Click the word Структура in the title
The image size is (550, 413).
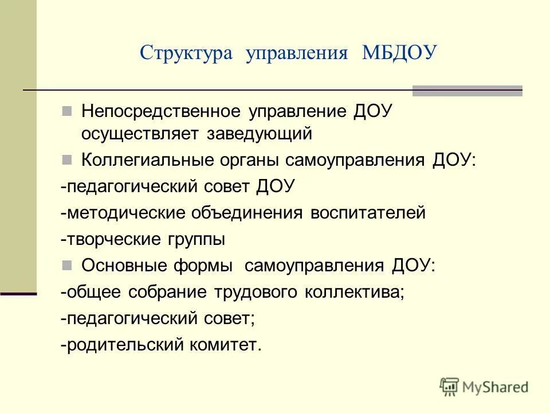186,54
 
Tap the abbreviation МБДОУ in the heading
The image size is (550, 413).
399,53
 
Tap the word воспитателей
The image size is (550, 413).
368,213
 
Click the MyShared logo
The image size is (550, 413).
484,387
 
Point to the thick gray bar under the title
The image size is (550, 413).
467,91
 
